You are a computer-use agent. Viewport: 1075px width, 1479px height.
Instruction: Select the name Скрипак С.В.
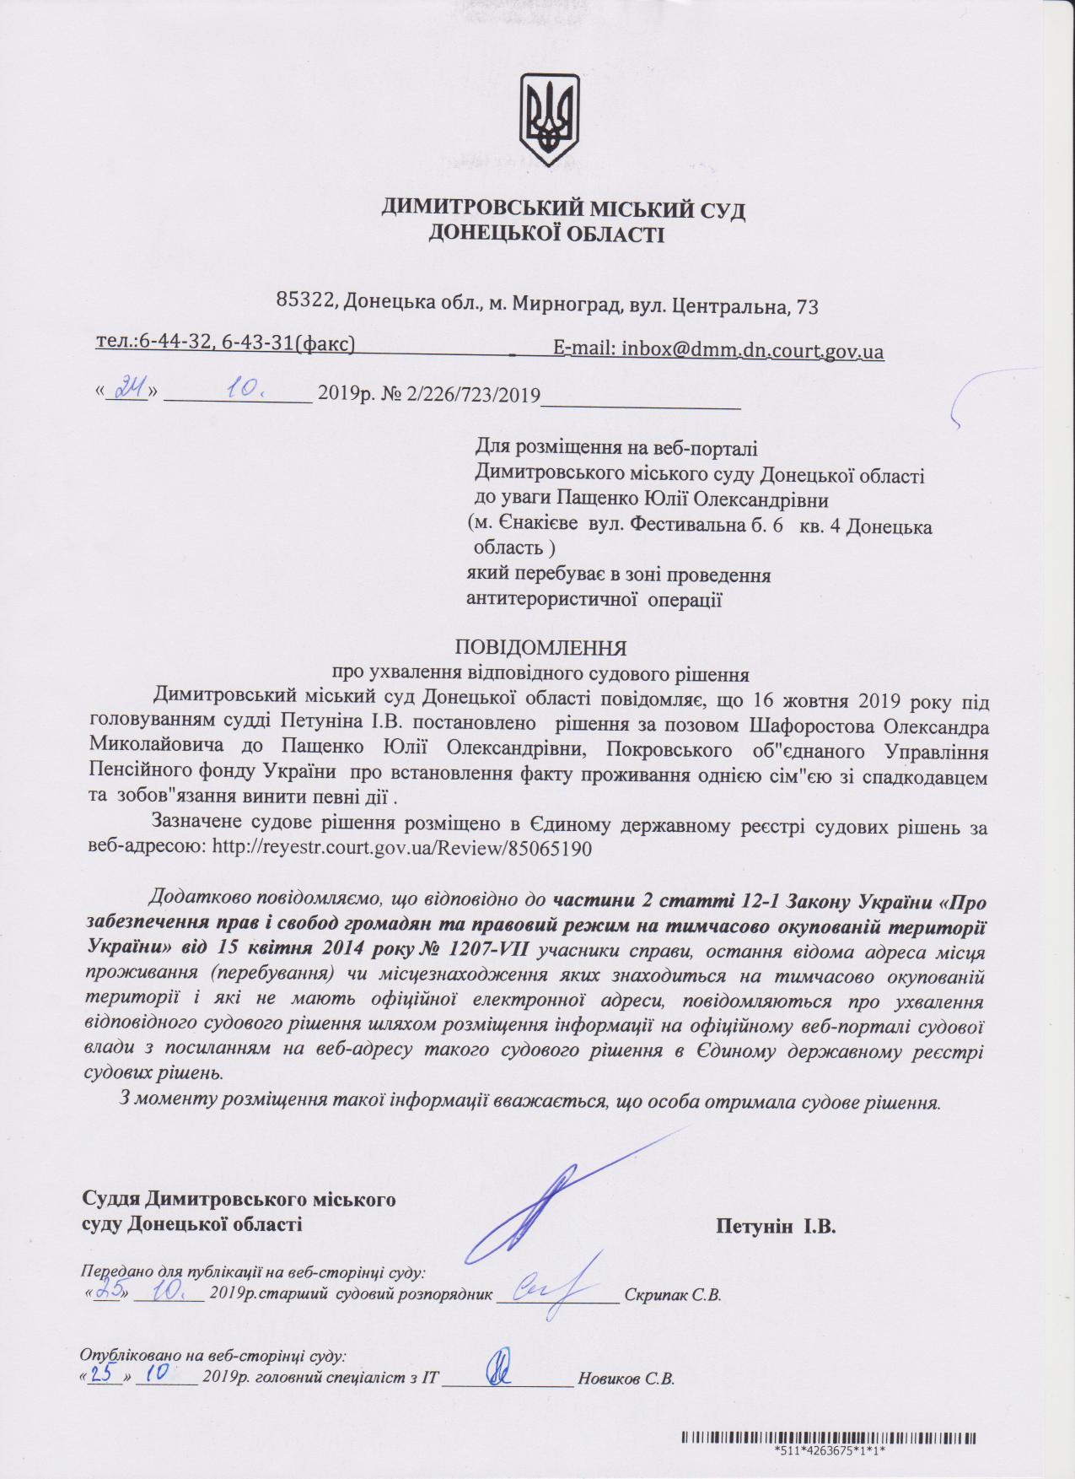[672, 1295]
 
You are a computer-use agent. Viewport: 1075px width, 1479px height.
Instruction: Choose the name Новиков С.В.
[626, 1381]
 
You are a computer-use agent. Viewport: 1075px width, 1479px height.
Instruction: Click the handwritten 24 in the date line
[129, 392]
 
